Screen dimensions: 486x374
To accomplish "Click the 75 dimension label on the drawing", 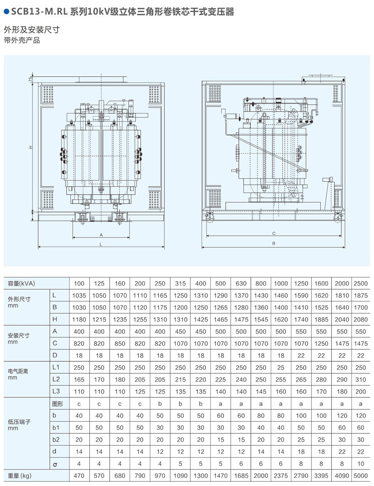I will pos(31,80).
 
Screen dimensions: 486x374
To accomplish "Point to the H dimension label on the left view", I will pos(31,147).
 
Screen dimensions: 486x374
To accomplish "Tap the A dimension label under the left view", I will pos(101,235).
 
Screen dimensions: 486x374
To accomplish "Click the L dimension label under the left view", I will pos(101,244).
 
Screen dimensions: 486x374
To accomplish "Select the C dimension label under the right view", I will pos(274,234).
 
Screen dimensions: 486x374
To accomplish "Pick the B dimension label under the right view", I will pos(274,243).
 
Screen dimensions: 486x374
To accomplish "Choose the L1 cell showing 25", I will pos(280,368).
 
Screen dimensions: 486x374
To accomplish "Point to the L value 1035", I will pos(79,295).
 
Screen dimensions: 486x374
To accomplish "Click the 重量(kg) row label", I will pos(20,476).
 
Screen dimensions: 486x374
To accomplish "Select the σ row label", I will pos(54,464).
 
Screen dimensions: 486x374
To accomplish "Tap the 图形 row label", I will pos(57,404).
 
